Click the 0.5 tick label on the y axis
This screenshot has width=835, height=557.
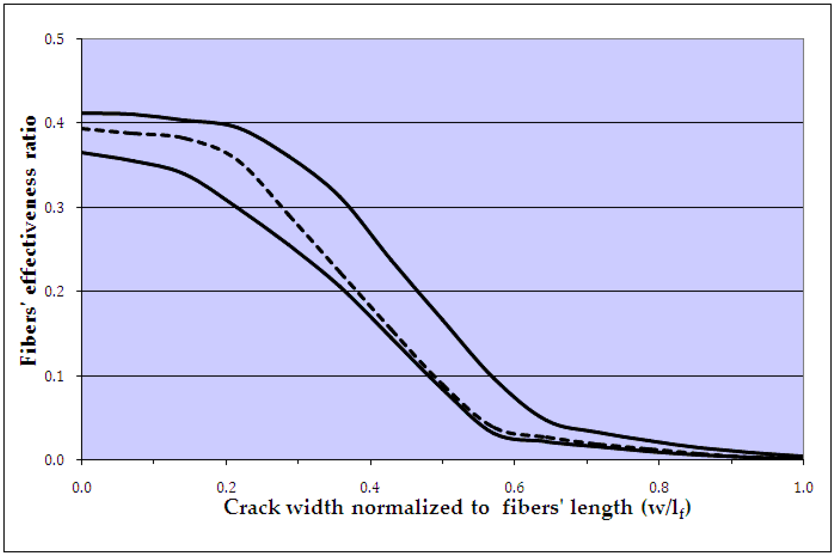point(54,39)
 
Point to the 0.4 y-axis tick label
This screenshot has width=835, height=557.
point(54,123)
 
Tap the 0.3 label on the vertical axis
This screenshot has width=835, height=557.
point(54,208)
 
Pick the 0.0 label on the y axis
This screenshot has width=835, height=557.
point(54,460)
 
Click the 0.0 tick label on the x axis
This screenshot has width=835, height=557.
point(82,487)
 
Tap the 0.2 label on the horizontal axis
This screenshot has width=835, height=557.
point(226,487)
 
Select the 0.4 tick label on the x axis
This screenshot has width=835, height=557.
point(370,487)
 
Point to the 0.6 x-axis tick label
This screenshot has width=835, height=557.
point(515,487)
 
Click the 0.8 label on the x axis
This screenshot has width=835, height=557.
point(659,487)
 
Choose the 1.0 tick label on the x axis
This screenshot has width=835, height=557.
point(803,487)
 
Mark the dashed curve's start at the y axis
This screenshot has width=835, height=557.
point(82,129)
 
